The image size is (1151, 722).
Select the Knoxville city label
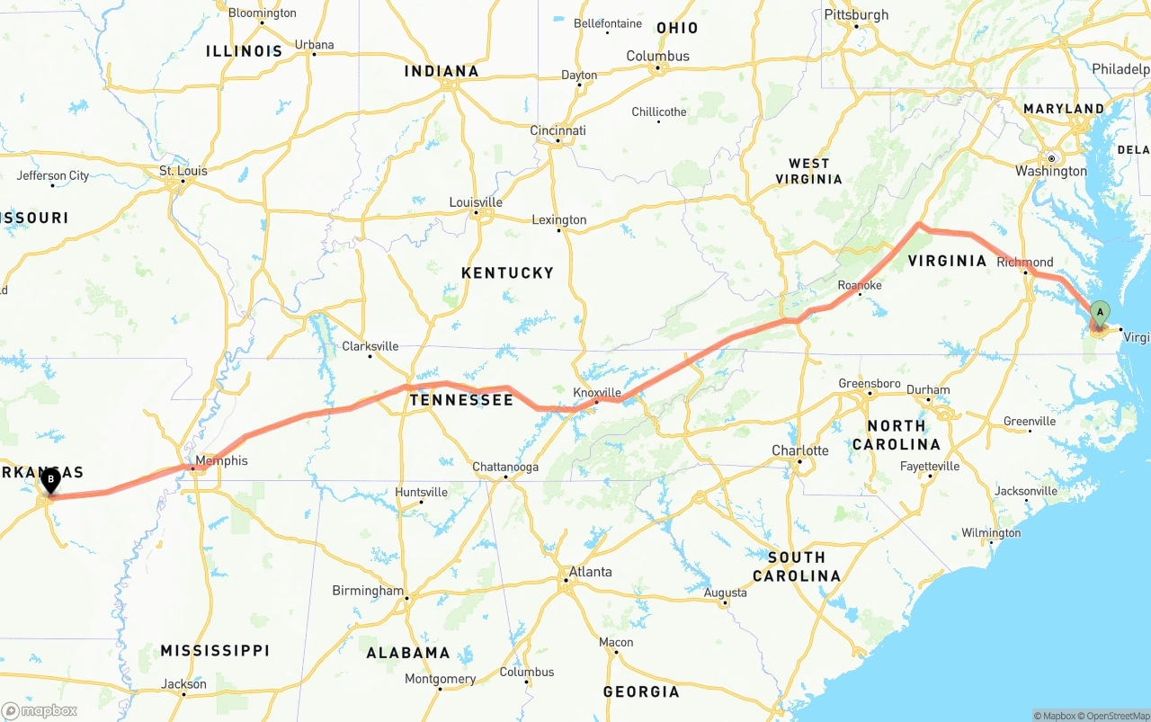597,393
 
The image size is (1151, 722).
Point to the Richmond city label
1025,263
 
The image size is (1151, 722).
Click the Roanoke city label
859,285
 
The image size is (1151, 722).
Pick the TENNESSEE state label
461,400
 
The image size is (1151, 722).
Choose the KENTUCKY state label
507,272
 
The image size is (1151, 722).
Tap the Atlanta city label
590,572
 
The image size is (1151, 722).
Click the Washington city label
1050,171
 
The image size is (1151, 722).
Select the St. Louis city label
183,171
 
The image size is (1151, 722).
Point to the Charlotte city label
799,450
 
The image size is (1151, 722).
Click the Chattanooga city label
505,468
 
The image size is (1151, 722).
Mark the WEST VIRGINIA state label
808,171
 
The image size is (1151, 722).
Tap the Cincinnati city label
558,130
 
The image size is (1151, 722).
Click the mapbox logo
40,710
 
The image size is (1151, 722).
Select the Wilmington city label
990,533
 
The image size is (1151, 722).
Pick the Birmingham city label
368,591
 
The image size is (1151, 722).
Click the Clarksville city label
370,346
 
